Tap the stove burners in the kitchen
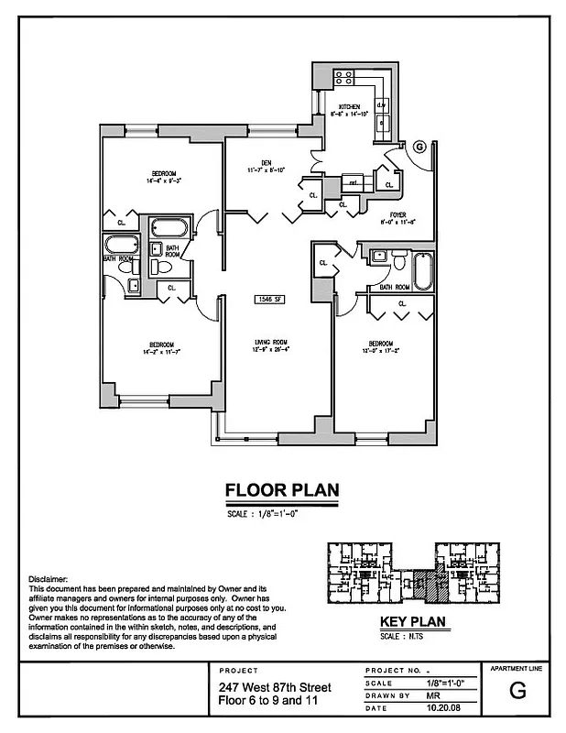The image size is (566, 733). pyautogui.click(x=344, y=78)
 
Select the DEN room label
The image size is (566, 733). pyautogui.click(x=267, y=162)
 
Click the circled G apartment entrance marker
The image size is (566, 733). pyautogui.click(x=419, y=146)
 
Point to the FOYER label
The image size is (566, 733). pyautogui.click(x=397, y=213)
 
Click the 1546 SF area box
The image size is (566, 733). pyautogui.click(x=271, y=298)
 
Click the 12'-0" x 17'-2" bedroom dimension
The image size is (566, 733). pyautogui.click(x=383, y=350)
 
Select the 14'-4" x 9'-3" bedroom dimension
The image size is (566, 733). pyautogui.click(x=164, y=181)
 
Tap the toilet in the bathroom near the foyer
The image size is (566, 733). pyautogui.click(x=400, y=262)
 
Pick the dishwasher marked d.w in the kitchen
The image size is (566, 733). pyautogui.click(x=381, y=104)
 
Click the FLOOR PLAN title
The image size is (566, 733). pyautogui.click(x=282, y=491)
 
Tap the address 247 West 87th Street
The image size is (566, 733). pyautogui.click(x=268, y=687)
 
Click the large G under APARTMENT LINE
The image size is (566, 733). pyautogui.click(x=517, y=693)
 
